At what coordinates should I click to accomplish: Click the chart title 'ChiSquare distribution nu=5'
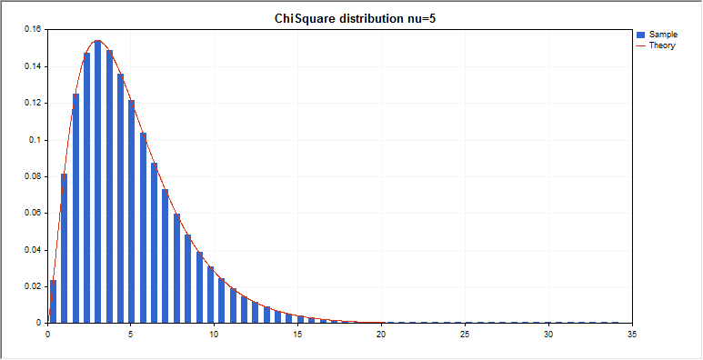point(350,18)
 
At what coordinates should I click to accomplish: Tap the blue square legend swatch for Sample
point(641,35)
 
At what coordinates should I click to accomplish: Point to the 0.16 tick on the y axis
point(33,29)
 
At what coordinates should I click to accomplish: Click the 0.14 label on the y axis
point(33,66)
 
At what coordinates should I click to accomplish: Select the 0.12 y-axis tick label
point(33,103)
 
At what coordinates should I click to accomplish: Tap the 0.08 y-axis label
point(33,176)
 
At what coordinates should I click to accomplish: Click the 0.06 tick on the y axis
point(33,213)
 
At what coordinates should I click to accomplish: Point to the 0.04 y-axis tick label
point(33,250)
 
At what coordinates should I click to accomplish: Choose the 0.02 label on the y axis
point(33,286)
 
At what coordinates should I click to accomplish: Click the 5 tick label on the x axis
point(131,334)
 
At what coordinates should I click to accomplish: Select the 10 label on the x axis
point(214,334)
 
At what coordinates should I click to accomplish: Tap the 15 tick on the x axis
point(297,334)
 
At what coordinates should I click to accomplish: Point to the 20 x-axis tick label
point(381,334)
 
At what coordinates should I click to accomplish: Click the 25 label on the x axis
point(465,334)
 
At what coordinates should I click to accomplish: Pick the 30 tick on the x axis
point(548,334)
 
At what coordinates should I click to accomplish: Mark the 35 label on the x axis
point(631,334)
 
